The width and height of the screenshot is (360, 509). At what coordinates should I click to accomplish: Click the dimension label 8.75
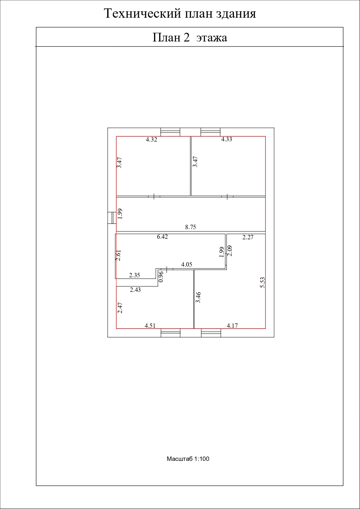(x=191, y=227)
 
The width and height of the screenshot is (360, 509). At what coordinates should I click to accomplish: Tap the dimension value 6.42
(x=162, y=237)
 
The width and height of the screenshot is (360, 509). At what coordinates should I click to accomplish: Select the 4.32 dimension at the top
(x=151, y=140)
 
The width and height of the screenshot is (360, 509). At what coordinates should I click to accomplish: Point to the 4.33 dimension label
(x=227, y=139)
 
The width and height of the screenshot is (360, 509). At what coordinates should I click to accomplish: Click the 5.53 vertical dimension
(x=263, y=282)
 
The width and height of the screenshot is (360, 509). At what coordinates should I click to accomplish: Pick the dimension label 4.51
(x=150, y=325)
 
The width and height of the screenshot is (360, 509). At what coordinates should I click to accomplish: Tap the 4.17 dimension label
(x=232, y=325)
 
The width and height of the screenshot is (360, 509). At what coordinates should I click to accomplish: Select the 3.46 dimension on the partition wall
(x=198, y=297)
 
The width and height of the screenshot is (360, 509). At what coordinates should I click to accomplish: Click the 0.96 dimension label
(x=161, y=276)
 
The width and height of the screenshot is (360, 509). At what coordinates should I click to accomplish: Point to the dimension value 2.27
(x=248, y=237)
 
